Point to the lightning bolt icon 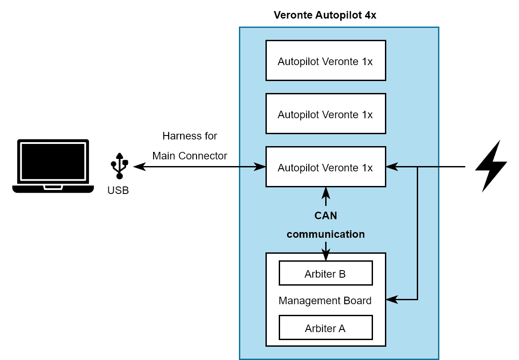491,166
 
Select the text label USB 118,191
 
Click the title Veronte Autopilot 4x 325,15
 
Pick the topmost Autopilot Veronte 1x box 325,61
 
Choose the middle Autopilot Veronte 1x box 325,114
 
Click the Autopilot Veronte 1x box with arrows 325,167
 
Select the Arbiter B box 325,274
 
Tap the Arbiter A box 325,328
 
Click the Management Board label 325,301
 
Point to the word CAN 326,216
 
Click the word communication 326,234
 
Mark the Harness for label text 190,136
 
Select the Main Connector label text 190,156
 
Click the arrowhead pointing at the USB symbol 138,167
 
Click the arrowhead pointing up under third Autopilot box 326,192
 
